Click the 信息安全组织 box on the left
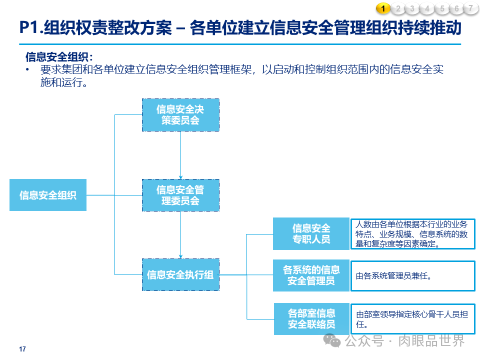48,195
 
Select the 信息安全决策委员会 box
180,115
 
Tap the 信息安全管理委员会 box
180,195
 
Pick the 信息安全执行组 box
180,274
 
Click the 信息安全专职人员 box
311,234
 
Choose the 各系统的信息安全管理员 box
311,275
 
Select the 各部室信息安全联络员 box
311,319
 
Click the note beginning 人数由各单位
412,234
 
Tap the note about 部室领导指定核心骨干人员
412,319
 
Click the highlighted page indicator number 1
383,8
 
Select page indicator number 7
470,8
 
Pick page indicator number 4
427,8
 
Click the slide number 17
22,349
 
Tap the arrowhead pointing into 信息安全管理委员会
180,177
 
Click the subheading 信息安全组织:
59,57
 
